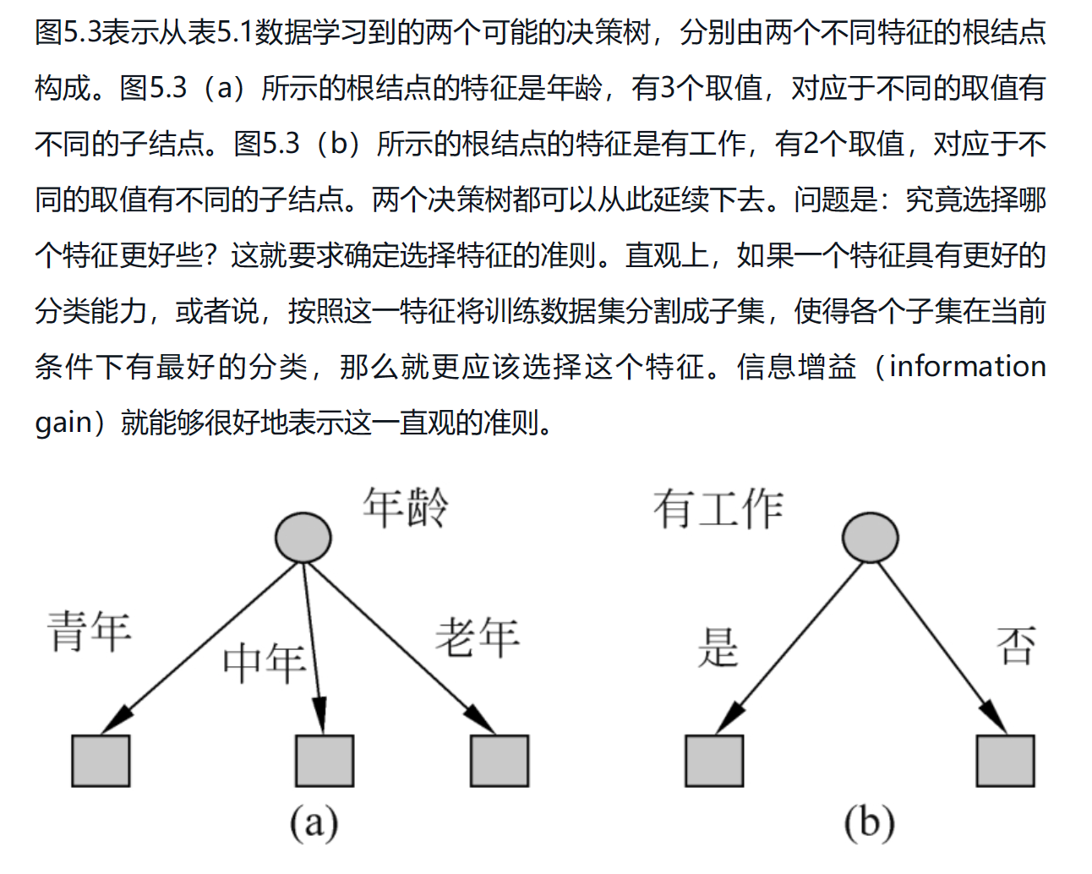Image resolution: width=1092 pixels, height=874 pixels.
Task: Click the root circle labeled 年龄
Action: [303, 537]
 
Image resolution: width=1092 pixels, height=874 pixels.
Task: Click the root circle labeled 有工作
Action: [871, 537]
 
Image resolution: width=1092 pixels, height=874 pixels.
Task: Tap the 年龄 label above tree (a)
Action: [406, 507]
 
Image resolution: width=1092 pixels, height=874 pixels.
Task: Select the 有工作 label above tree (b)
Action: [718, 509]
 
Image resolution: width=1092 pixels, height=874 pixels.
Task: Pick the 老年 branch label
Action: [478, 637]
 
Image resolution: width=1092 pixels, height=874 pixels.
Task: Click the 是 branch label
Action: [718, 647]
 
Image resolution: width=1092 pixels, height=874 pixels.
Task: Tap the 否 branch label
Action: [1016, 645]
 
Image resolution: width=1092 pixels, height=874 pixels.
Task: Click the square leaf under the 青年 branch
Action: [101, 761]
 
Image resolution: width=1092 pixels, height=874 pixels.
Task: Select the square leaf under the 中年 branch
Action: [325, 761]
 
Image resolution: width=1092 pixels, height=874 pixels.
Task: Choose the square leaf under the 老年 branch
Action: [500, 761]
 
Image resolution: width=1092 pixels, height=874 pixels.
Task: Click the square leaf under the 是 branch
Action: [714, 761]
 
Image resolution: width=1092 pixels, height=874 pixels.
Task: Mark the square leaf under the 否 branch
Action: [1005, 761]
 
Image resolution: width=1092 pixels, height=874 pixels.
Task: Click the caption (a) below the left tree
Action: [314, 822]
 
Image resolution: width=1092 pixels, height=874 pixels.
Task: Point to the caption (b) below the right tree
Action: [870, 822]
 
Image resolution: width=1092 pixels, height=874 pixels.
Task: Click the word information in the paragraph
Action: [967, 366]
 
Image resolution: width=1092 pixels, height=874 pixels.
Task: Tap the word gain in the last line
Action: [63, 423]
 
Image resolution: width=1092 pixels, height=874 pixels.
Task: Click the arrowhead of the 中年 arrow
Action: [320, 716]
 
